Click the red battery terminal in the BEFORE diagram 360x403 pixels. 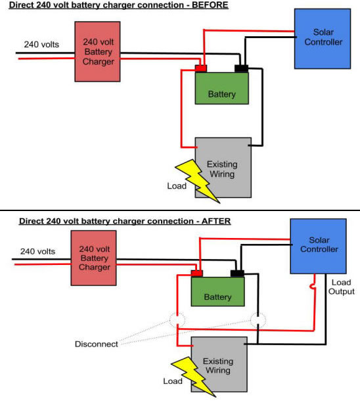coord(201,68)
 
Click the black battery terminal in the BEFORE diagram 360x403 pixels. coord(241,68)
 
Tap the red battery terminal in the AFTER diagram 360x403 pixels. coord(197,273)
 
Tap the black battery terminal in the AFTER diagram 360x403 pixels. coord(237,273)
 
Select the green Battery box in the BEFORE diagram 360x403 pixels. coord(222,88)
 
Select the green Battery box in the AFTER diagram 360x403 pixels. coord(217,291)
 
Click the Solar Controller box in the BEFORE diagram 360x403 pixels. coord(323,39)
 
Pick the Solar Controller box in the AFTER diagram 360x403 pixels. coord(319,247)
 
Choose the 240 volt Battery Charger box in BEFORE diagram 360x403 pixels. coord(98,52)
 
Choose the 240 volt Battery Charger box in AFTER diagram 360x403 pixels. coord(94,258)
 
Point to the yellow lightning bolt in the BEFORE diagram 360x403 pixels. coord(198,180)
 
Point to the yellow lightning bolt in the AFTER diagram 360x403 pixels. coord(193,377)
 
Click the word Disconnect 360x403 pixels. coord(97,344)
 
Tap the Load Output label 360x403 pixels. coord(341,287)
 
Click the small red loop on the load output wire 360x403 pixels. coord(311,286)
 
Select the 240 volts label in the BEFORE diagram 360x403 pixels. coord(41,45)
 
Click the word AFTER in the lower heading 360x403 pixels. coord(216,221)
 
